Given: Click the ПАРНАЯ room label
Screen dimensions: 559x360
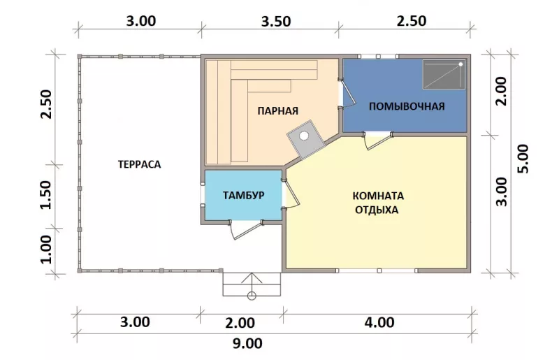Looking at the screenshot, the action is (x=277, y=110).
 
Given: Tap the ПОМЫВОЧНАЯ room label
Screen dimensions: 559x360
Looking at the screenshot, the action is (x=407, y=106).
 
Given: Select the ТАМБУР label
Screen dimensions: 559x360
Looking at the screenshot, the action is (x=243, y=195).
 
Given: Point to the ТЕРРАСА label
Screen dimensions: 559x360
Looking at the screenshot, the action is (x=139, y=164).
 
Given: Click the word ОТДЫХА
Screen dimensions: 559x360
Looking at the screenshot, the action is (x=377, y=210).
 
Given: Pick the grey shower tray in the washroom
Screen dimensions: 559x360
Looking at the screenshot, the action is (x=444, y=75).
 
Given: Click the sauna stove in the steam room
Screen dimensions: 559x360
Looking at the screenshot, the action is (x=306, y=140).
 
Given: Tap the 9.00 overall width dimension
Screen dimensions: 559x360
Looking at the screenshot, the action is (x=247, y=344).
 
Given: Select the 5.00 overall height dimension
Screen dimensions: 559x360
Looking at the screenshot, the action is (x=523, y=159).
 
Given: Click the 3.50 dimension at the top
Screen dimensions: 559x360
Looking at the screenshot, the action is (x=276, y=22).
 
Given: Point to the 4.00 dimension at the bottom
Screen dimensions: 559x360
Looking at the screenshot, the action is (x=379, y=322).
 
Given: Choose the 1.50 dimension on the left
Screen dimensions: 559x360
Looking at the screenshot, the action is (x=46, y=195).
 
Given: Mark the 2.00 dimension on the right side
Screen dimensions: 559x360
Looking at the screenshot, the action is (x=501, y=91).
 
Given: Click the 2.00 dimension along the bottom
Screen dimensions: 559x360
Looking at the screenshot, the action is (x=240, y=323).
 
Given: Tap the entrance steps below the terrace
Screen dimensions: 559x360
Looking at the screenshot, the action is (x=252, y=285).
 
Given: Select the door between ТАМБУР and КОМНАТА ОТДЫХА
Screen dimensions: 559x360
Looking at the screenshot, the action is (x=291, y=193).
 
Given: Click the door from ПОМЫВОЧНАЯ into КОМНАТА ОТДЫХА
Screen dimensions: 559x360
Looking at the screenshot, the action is (x=377, y=141).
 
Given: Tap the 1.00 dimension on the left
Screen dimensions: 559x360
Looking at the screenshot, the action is (x=46, y=249).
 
